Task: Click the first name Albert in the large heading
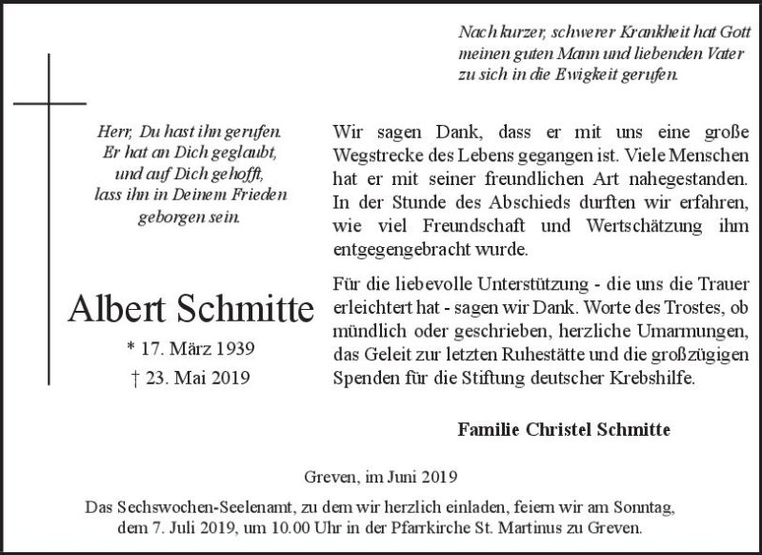coord(116,308)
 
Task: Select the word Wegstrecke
coord(378,155)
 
